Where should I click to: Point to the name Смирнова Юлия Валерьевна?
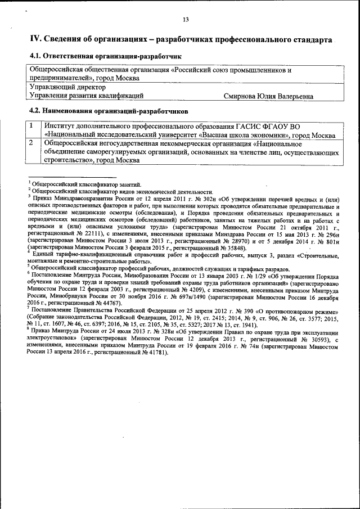tap(268, 96)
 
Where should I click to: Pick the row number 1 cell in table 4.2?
tap(33, 127)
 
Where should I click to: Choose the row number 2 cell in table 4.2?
tap(33, 143)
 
